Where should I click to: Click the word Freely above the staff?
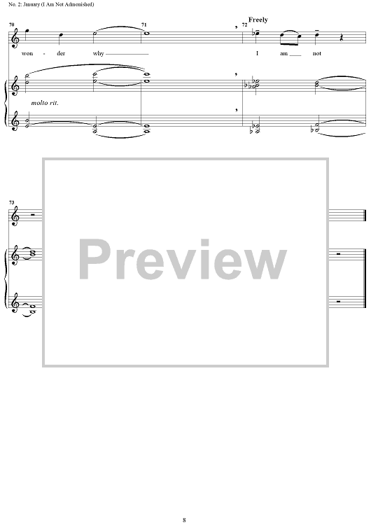point(258,20)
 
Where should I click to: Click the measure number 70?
point(12,24)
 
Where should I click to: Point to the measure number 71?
point(143,24)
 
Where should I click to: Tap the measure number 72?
point(244,24)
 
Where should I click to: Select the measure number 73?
point(12,202)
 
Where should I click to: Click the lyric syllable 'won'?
point(27,54)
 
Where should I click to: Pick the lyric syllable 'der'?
point(61,54)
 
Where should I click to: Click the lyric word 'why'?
point(99,54)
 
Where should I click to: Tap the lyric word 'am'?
point(283,54)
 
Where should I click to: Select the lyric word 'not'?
point(317,54)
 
